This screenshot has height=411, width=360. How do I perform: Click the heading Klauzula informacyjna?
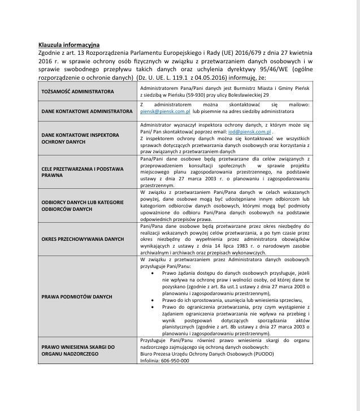point(69,44)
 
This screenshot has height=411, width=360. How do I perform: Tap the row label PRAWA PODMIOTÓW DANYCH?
point(77,296)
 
